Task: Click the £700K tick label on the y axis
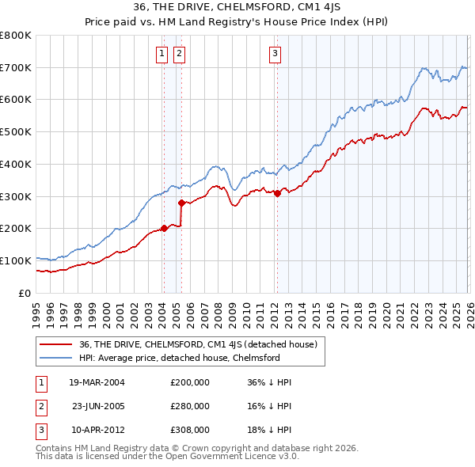16,67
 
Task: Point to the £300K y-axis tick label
16,196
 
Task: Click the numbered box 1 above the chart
162,54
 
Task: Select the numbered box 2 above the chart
178,54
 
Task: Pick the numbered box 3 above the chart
275,54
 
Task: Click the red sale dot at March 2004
164,228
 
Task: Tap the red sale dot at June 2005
181,203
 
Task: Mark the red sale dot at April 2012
277,193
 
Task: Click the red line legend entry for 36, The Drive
198,344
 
